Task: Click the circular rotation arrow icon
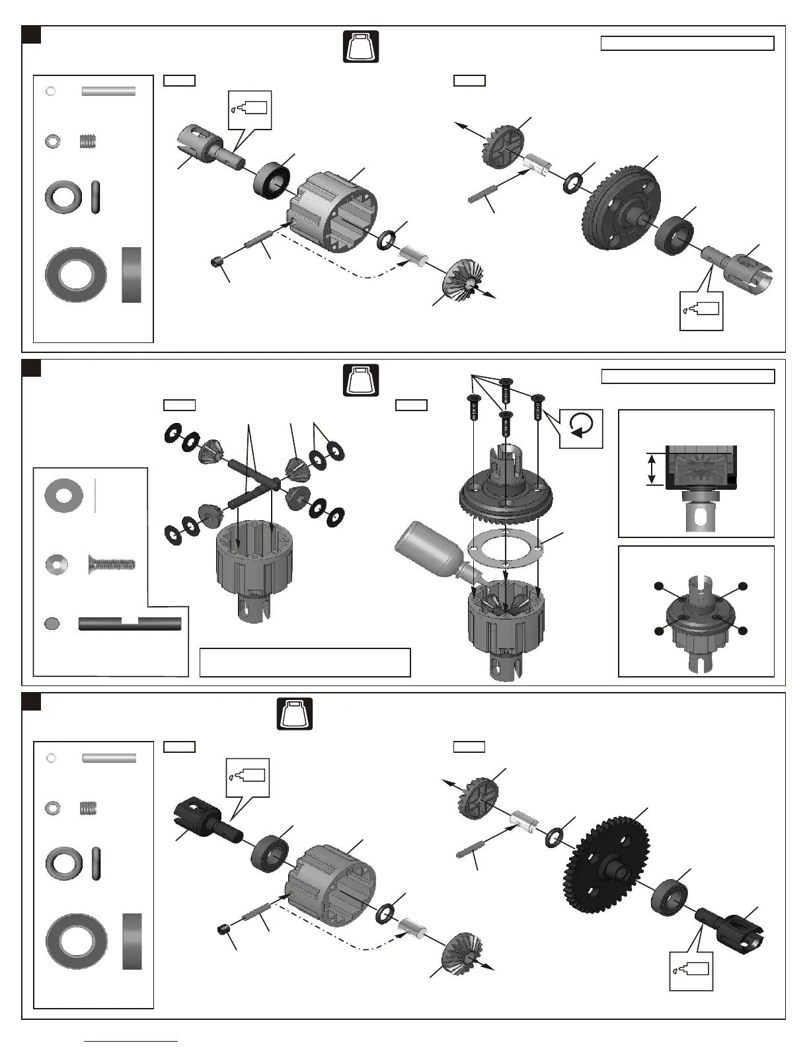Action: coord(581,428)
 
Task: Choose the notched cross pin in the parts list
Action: coord(130,623)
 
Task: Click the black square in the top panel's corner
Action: coord(32,35)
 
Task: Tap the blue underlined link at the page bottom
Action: coord(131,1040)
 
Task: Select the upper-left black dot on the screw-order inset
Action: coord(658,586)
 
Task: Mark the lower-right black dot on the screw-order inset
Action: coord(744,631)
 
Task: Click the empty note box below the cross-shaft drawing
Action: coord(305,662)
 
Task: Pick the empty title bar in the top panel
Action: coord(687,44)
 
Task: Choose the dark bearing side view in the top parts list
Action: coord(132,275)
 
